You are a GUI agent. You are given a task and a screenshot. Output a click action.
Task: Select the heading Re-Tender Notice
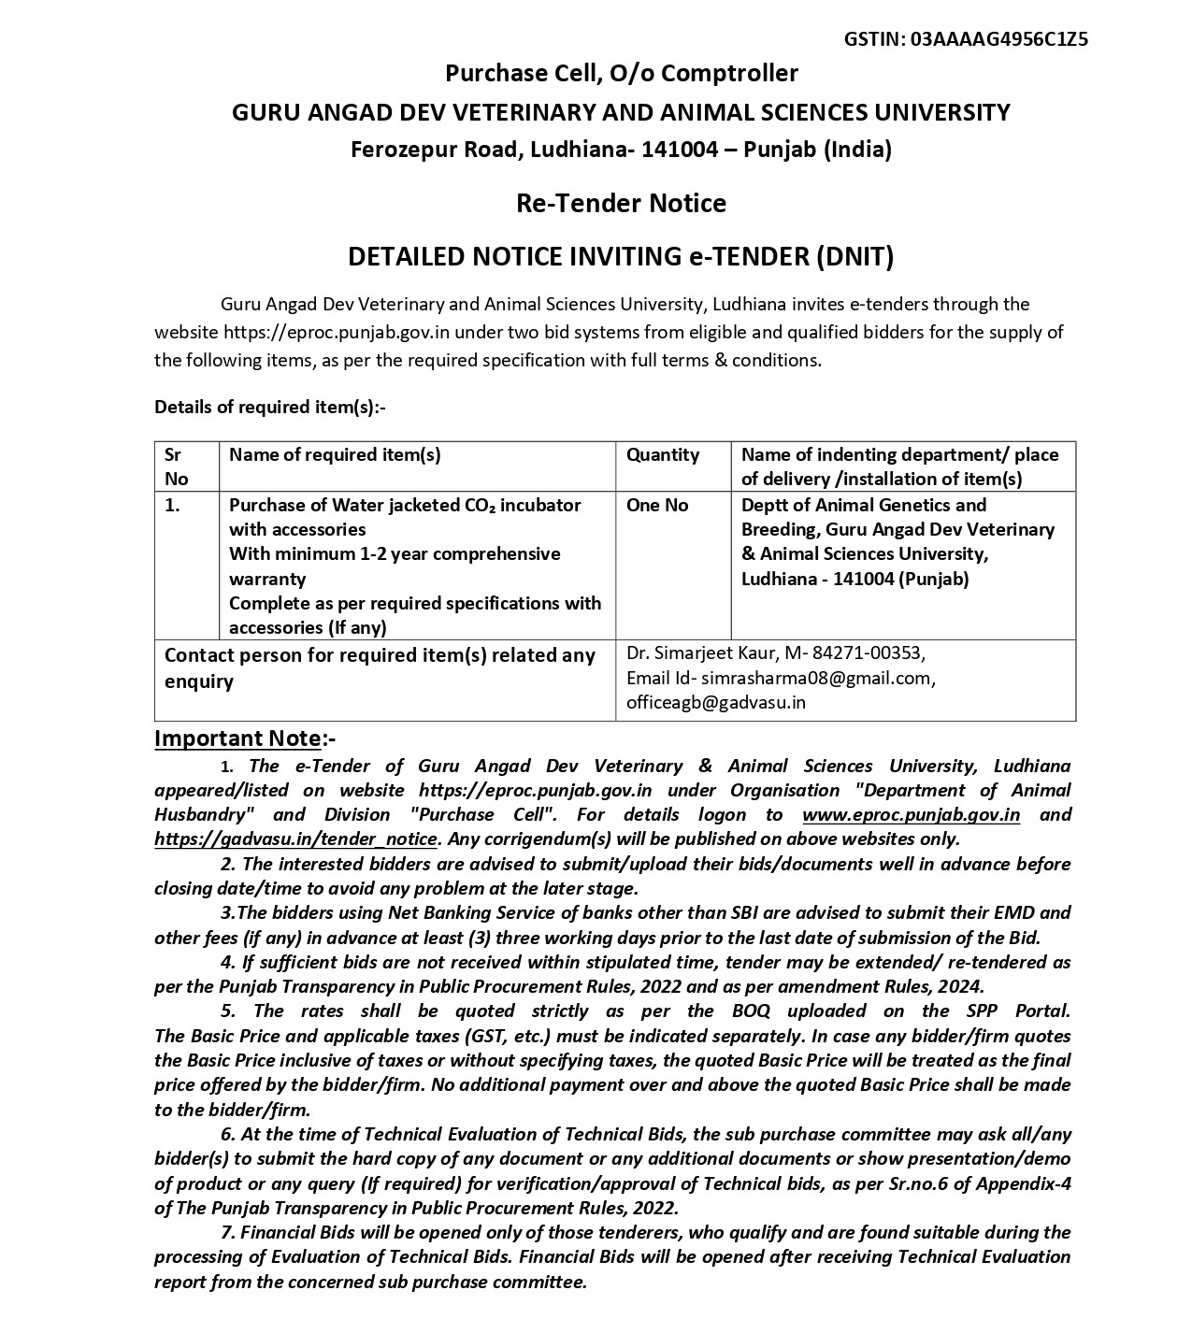pyautogui.click(x=621, y=203)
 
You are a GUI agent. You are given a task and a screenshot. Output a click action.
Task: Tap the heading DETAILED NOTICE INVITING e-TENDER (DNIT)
pyautogui.click(x=621, y=256)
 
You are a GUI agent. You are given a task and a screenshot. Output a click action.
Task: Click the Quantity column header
pyautogui.click(x=662, y=455)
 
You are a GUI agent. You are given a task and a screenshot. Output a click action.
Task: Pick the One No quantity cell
pyautogui.click(x=656, y=505)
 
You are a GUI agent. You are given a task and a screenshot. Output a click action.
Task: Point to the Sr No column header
pyautogui.click(x=176, y=466)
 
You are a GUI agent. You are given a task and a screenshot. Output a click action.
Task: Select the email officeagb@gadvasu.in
pyautogui.click(x=715, y=702)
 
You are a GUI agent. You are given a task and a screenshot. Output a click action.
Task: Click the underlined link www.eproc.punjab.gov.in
pyautogui.click(x=911, y=814)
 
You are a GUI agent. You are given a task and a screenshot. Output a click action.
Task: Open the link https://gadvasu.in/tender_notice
pyautogui.click(x=295, y=839)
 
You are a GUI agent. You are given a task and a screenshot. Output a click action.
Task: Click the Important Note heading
pyautogui.click(x=237, y=738)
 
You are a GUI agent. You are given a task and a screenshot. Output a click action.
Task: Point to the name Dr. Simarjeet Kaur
pyautogui.click(x=697, y=652)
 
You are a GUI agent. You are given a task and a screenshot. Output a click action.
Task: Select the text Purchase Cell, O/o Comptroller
pyautogui.click(x=621, y=73)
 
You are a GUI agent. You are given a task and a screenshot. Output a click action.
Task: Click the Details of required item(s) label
pyautogui.click(x=269, y=407)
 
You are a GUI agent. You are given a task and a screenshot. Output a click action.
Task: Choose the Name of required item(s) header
pyautogui.click(x=335, y=455)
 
